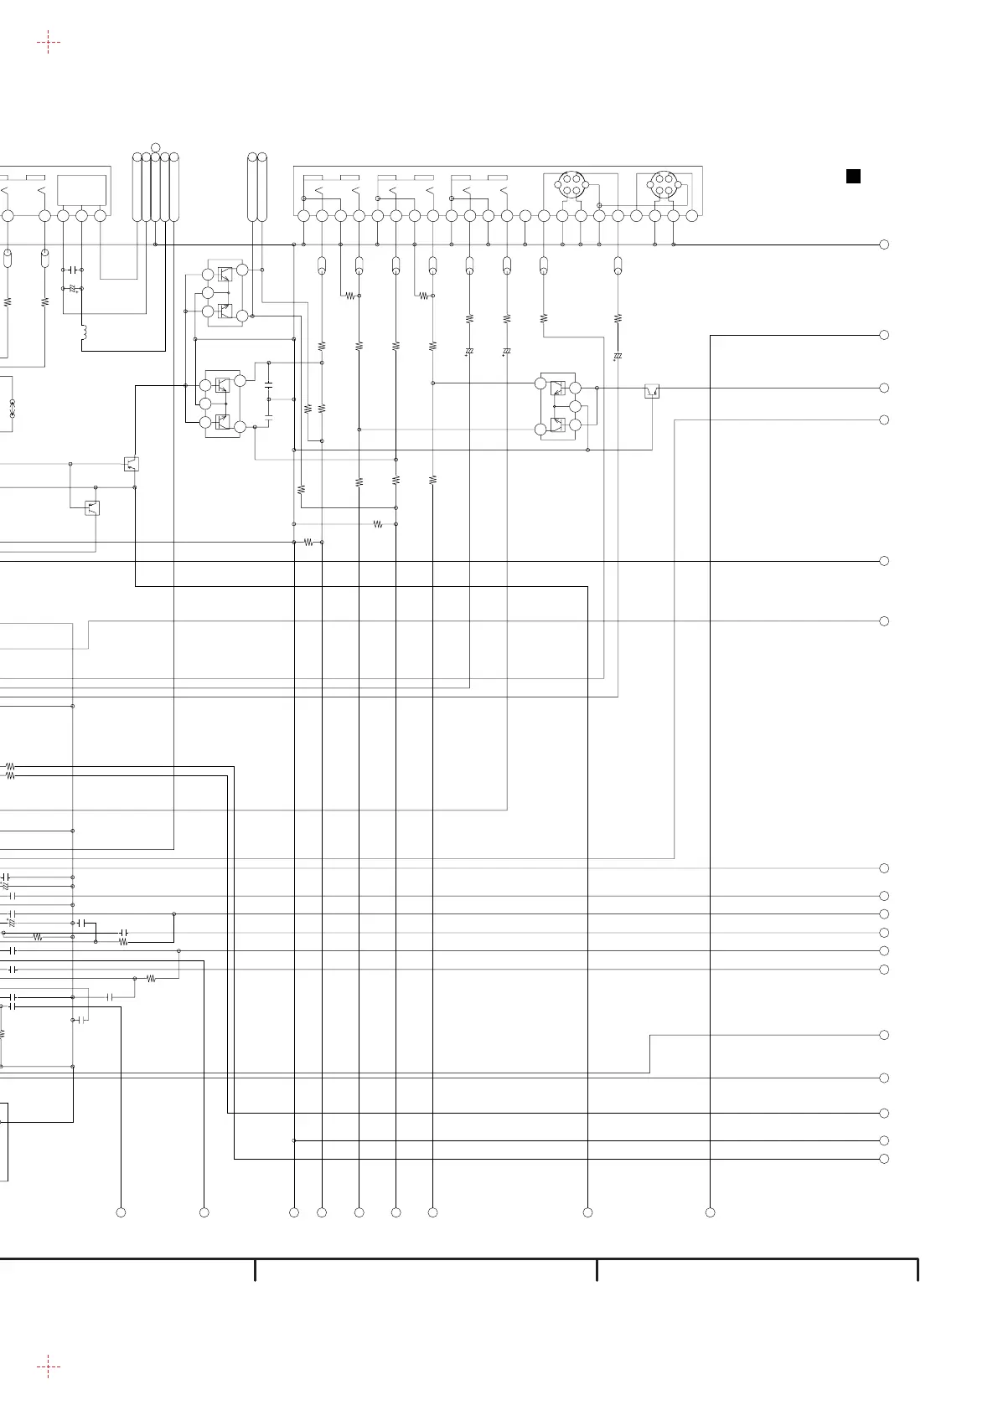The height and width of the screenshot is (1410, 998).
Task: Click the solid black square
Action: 853,176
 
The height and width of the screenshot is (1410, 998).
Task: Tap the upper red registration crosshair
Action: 49,41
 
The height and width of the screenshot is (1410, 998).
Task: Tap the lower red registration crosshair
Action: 49,1367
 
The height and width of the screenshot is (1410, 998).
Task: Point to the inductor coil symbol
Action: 84,334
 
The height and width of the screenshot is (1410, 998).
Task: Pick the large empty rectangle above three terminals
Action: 81,190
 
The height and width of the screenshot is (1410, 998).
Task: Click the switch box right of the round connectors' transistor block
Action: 652,390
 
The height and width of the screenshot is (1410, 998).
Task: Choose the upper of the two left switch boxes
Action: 131,464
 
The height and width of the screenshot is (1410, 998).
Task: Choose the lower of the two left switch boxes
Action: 93,507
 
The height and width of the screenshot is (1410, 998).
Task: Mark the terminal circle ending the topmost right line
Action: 884,244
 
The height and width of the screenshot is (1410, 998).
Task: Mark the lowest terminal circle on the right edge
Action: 884,1159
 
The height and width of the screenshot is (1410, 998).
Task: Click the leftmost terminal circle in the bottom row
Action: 121,1212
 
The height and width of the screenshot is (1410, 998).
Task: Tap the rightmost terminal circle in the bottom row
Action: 710,1212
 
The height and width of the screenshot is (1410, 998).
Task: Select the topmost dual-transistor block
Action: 225,292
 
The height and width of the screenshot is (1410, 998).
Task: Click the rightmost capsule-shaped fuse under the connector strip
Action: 618,266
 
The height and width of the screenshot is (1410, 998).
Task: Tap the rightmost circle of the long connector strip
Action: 692,216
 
